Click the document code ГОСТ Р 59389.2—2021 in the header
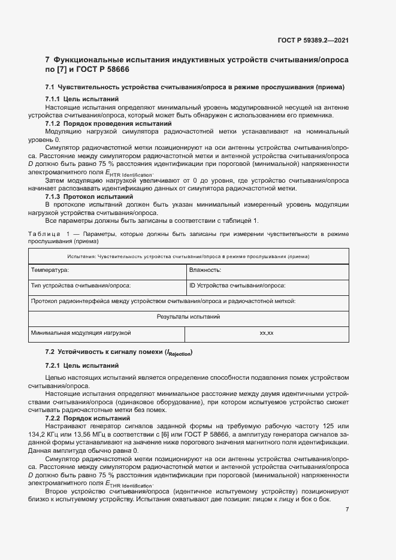[314, 40]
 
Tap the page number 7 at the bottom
[347, 509]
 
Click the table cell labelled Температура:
[50, 270]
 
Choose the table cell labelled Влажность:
[205, 270]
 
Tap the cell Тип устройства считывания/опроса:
[81, 286]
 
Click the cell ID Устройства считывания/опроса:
[237, 286]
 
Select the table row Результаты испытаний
[189, 316]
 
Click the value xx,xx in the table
[267, 332]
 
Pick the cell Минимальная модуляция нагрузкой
[81, 332]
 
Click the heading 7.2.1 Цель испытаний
[82, 365]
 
